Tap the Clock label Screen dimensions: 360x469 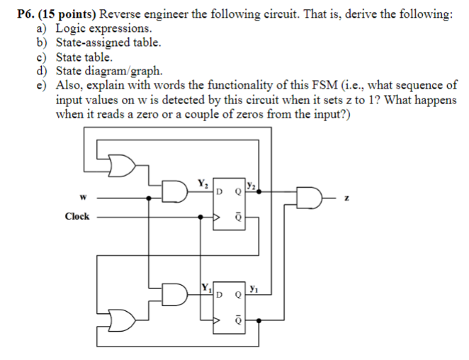click(x=77, y=216)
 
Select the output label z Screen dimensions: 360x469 click(x=346, y=199)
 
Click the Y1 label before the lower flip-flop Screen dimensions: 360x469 click(x=203, y=288)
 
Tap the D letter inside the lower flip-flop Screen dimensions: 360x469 click(x=220, y=293)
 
